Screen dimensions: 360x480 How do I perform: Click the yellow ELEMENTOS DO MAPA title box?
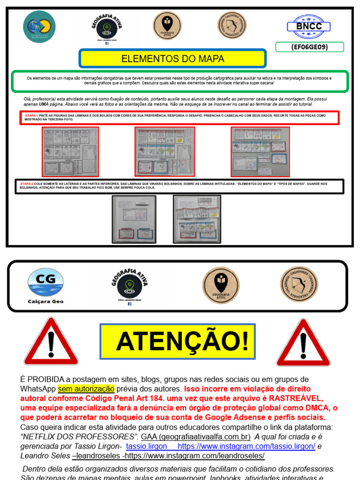(172, 59)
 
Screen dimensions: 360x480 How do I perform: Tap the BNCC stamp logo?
(309, 26)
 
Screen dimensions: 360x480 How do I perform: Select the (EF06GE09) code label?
(309, 47)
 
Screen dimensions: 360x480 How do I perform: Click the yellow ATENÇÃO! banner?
(178, 341)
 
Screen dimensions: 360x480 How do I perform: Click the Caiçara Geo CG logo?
(45, 286)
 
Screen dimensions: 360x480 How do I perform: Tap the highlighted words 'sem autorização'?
(86, 389)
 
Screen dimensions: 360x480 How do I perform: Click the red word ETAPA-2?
(27, 184)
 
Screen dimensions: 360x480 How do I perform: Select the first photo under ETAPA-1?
(70, 152)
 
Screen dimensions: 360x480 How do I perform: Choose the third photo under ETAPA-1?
(260, 152)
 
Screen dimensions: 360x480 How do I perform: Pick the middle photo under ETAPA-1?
(165, 152)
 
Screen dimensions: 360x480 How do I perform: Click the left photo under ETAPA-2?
(134, 219)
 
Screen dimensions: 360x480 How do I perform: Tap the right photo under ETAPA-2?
(197, 219)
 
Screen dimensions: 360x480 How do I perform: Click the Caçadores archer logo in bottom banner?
(299, 285)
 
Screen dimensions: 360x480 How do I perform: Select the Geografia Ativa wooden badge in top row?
(167, 26)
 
